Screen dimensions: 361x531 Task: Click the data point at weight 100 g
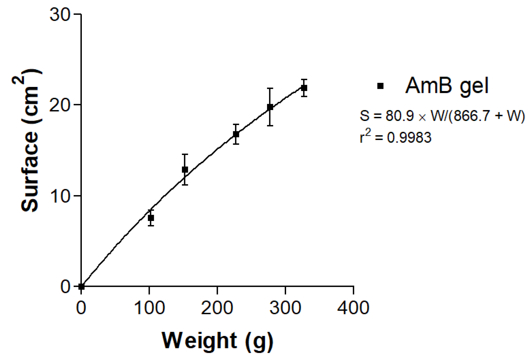point(151,218)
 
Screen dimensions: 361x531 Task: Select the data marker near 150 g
point(185,170)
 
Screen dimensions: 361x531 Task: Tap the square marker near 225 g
point(236,134)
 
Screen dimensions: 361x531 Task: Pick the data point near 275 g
point(270,107)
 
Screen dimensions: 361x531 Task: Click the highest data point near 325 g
point(304,88)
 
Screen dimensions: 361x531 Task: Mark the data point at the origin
point(81,286)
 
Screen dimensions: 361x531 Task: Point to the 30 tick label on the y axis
point(60,14)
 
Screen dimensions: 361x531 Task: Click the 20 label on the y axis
point(60,105)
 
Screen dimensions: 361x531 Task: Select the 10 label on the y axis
point(60,196)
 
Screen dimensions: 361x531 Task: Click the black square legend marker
point(380,86)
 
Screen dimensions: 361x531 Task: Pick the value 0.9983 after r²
point(409,138)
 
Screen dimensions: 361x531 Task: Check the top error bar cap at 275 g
point(270,88)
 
